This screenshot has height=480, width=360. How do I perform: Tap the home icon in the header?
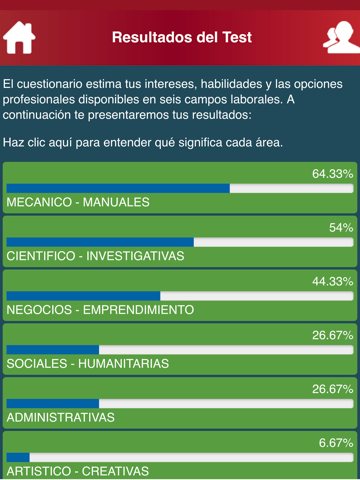19,38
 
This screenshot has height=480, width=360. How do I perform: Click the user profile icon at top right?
338,38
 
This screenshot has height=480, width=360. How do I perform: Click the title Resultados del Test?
181,38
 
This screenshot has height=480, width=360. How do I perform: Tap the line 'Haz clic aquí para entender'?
143,142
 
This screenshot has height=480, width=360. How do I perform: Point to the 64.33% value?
332,173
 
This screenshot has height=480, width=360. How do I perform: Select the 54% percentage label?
341,227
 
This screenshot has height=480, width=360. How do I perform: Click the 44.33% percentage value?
332,281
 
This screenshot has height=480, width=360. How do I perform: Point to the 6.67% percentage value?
335,442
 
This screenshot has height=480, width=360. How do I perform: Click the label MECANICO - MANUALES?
78,201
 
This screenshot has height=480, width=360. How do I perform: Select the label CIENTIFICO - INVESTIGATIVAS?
96,255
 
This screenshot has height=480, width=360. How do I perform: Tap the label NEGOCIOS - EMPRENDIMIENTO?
100,309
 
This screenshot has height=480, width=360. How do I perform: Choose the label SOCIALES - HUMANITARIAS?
88,363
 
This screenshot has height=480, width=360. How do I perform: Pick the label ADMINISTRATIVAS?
61,417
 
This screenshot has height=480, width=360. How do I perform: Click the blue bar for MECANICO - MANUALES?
118,188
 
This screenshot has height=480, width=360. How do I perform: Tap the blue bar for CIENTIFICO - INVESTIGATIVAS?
100,242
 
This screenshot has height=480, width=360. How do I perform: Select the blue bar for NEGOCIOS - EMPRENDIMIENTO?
83,296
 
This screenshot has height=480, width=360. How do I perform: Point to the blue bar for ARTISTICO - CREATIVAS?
18,457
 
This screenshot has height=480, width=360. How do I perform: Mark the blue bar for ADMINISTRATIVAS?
53,403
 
